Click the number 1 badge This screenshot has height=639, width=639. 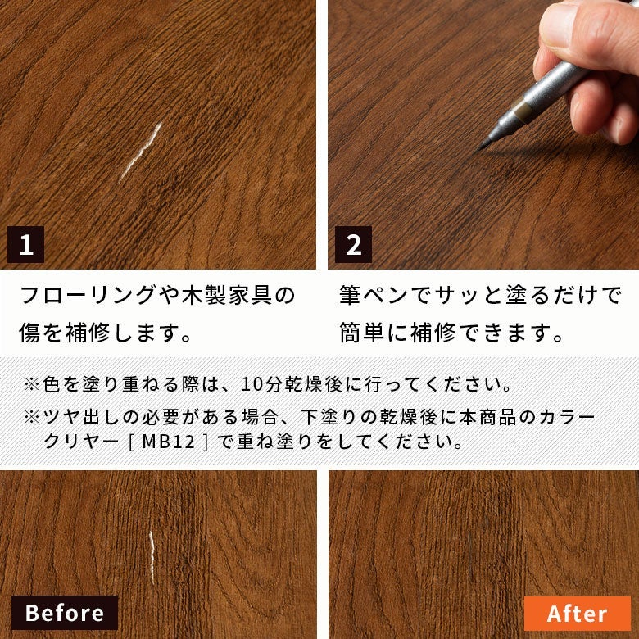coord(25,244)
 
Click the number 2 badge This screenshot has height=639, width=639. coord(353,244)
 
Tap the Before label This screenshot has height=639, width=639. coord(65,613)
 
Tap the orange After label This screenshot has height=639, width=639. coord(577,614)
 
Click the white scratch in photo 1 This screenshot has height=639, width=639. coord(141,152)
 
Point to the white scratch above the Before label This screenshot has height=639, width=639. coord(152,557)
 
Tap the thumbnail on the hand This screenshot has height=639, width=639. coord(559,25)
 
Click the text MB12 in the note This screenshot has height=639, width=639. coord(168,442)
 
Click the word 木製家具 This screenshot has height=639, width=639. coord(227,295)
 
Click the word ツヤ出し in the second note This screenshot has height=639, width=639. coord(82,416)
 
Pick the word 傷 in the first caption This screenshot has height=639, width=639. coord(29,333)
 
